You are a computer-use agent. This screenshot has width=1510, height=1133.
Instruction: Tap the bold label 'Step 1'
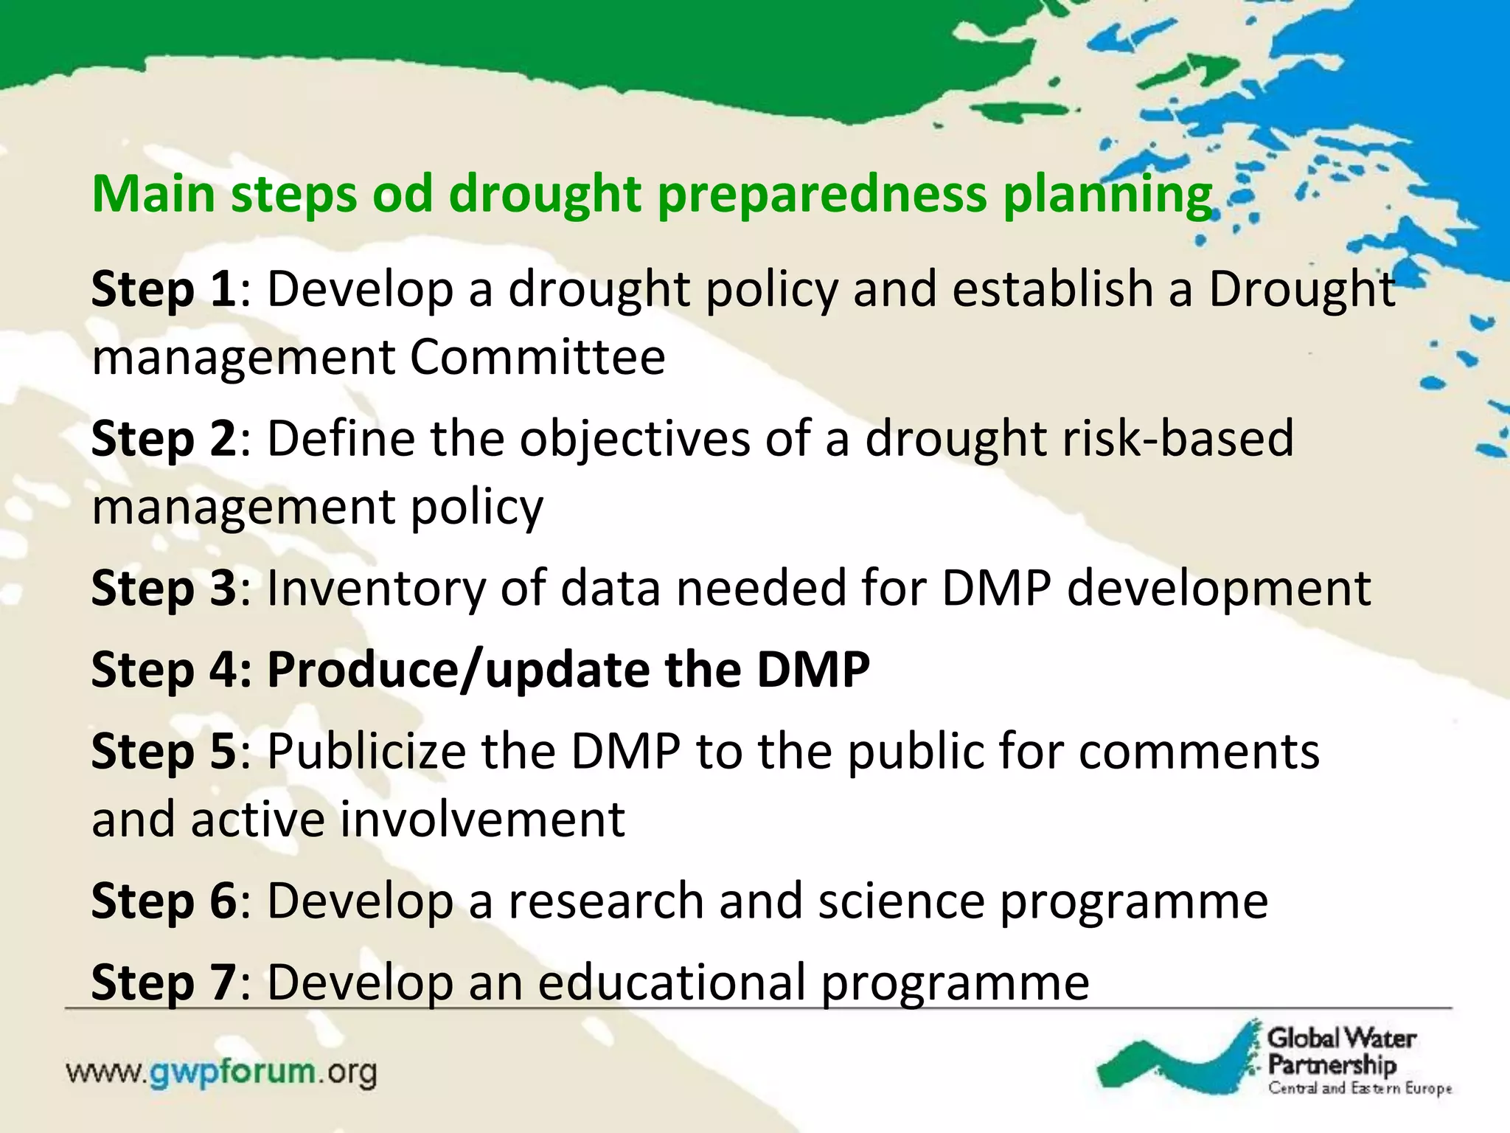[163, 290]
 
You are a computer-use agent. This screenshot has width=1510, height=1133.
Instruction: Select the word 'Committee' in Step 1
[537, 358]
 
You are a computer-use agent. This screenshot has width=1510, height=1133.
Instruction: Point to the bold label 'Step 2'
[163, 439]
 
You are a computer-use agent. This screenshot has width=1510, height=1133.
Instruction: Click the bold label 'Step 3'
[163, 589]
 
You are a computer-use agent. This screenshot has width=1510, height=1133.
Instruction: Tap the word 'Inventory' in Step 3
[375, 590]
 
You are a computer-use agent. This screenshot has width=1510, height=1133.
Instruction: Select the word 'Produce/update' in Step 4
[458, 671]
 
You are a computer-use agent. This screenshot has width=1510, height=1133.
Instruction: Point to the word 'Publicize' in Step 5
[366, 752]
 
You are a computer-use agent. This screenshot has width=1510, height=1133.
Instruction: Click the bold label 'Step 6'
[163, 901]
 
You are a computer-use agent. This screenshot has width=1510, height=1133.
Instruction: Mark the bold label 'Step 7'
[163, 983]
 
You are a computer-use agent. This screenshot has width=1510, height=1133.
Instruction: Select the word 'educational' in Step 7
[671, 983]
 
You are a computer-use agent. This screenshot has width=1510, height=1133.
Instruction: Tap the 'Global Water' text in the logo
[1341, 1039]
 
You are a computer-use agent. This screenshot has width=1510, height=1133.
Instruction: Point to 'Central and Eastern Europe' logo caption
[1360, 1089]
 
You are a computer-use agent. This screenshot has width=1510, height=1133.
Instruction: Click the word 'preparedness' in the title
[821, 195]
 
